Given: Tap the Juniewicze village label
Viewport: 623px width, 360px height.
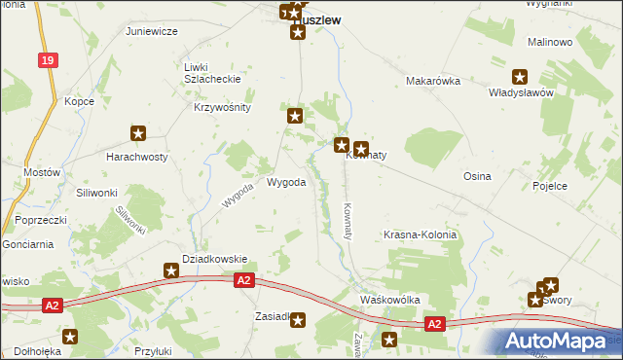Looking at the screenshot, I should coord(151,31).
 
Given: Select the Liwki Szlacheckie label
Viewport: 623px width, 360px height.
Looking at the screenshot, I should coord(211,73).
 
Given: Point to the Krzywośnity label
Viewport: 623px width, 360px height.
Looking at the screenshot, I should coord(223,108).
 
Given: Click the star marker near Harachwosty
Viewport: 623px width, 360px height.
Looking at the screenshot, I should coord(138,133).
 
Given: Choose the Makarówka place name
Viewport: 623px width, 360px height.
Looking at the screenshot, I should coord(432,82).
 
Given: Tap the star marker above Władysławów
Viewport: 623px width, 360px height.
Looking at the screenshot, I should coord(520,77).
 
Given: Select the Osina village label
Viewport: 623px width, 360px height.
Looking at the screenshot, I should coord(477,176).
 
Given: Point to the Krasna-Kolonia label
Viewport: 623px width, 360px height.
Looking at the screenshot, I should coord(420,235).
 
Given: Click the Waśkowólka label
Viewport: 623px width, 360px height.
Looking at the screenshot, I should coord(389,300).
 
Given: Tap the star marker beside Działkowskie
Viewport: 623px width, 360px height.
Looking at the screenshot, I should coord(171,270).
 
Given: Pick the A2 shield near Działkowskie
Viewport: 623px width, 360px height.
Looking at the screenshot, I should coord(244,281).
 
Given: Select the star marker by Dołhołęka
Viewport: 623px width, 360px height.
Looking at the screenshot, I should coord(70,336).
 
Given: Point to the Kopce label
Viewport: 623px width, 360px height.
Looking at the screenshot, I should coord(79,101).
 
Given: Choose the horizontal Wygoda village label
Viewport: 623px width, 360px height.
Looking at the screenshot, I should coord(286,182).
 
